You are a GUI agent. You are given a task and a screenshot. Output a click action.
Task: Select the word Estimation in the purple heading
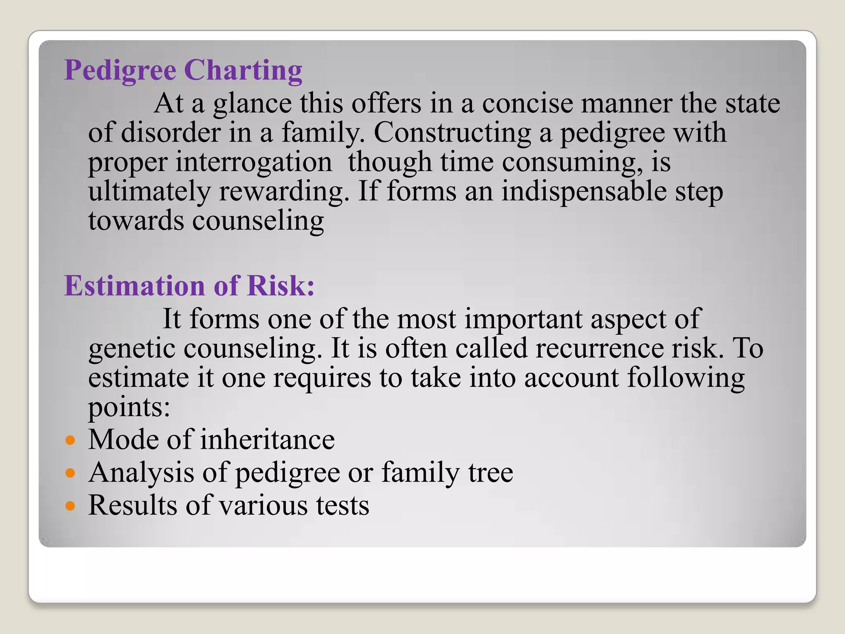134,286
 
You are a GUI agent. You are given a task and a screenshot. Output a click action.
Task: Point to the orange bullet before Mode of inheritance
71,440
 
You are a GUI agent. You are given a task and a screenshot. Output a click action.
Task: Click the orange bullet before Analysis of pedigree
71,473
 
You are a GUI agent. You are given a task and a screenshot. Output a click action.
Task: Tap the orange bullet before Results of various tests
71,505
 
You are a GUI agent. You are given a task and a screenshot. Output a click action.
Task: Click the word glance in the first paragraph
252,104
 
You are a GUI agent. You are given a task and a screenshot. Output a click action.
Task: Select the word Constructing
452,133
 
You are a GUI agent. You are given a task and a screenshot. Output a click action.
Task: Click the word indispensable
584,192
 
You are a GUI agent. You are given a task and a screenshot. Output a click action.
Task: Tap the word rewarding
283,192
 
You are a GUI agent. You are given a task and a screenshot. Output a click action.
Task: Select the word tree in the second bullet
491,473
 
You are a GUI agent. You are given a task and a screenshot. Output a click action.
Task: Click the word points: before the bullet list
129,408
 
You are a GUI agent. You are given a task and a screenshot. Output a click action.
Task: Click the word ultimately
149,192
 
